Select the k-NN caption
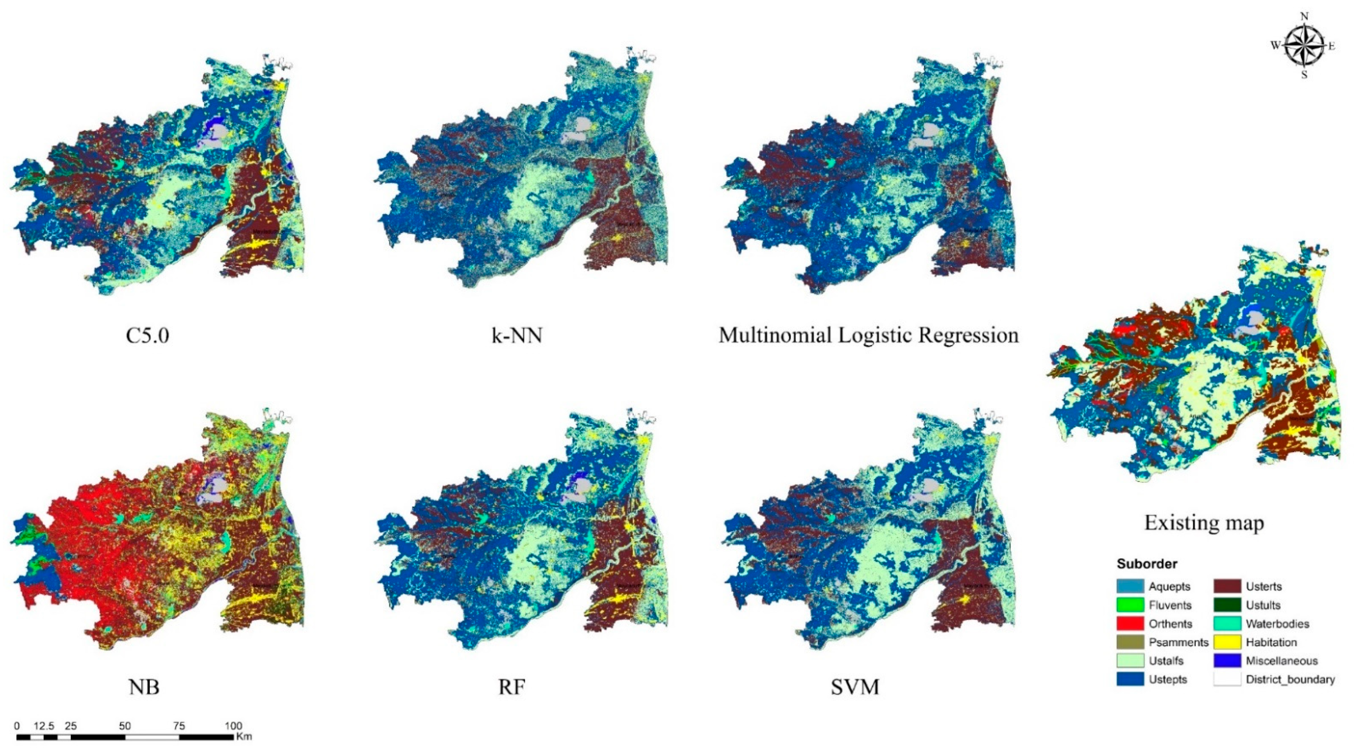(x=517, y=335)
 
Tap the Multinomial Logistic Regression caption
(x=868, y=335)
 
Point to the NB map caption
(x=143, y=686)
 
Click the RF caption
(x=511, y=686)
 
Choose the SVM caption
(x=855, y=686)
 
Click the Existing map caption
(x=1204, y=522)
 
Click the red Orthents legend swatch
(x=1130, y=624)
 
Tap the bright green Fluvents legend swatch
(x=1130, y=605)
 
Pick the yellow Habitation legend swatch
(x=1227, y=642)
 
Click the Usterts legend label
(x=1264, y=587)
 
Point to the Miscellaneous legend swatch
(x=1227, y=660)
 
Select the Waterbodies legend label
(x=1277, y=624)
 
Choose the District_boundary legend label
(x=1290, y=679)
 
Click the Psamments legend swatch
(x=1130, y=642)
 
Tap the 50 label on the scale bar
(x=125, y=726)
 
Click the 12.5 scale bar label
(x=44, y=726)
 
